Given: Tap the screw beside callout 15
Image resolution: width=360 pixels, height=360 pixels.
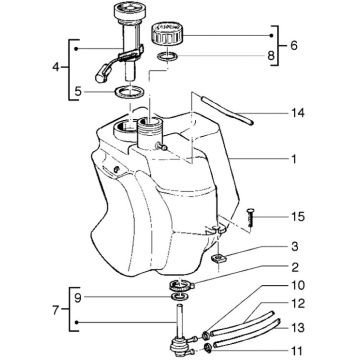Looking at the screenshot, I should click(x=247, y=216).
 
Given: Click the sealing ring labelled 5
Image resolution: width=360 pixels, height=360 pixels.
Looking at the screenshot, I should click(x=127, y=93).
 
